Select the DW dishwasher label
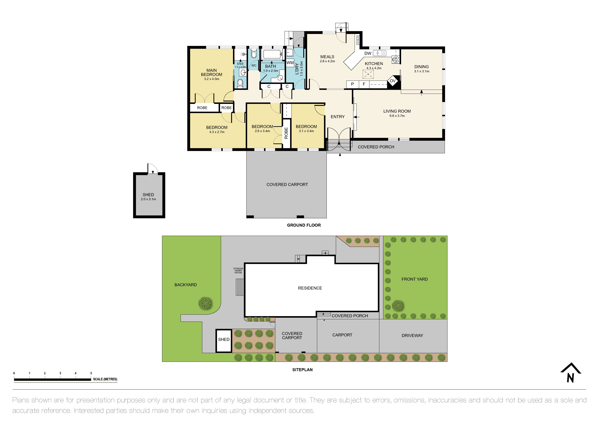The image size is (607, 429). pos(368,53)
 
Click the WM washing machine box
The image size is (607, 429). pos(290,63)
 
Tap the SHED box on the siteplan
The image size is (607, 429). pos(224,341)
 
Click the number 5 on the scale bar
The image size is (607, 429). pos(91,373)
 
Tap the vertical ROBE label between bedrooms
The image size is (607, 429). pos(286,133)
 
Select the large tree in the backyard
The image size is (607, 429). pos(205,303)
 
